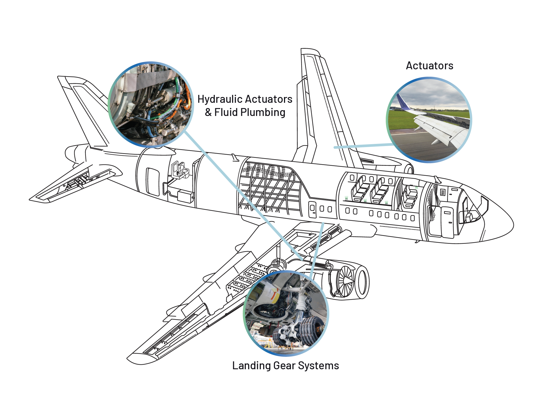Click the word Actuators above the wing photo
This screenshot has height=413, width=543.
tap(429, 66)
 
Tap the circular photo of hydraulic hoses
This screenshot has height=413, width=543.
tap(151, 105)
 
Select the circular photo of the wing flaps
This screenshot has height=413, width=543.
tap(429, 120)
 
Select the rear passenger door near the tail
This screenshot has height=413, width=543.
tap(153, 182)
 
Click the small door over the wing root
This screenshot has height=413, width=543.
tap(312, 209)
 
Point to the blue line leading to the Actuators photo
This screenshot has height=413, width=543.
tap(364, 146)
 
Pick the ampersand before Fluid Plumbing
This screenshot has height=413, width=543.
tap(208, 112)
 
